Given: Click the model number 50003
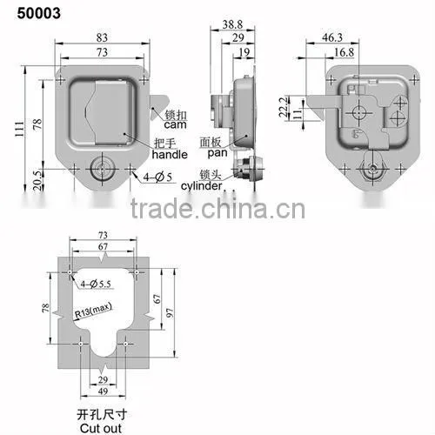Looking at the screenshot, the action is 39,13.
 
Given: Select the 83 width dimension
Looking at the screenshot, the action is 102,37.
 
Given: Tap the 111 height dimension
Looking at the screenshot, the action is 20,130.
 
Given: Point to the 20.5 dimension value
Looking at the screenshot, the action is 38,180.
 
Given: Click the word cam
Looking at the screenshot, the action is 175,125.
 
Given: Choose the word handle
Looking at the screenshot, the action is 170,154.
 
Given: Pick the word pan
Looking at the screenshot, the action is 217,153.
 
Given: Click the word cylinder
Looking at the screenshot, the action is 202,185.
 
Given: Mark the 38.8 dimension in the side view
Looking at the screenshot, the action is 232,24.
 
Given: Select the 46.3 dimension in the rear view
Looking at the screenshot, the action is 332,37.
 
